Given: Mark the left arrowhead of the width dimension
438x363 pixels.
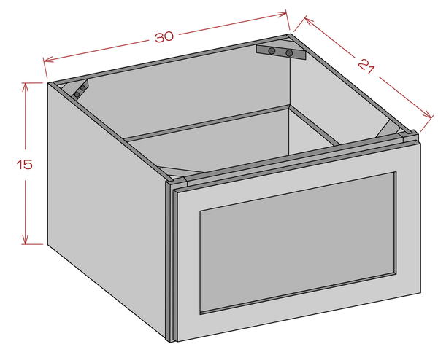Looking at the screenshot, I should [48, 60].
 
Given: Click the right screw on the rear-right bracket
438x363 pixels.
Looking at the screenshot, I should [289, 53].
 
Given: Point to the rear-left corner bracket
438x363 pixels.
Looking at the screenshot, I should [78, 90].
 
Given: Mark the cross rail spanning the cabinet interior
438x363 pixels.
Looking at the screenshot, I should [212, 122].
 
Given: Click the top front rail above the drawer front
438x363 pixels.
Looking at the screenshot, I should [292, 160].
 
